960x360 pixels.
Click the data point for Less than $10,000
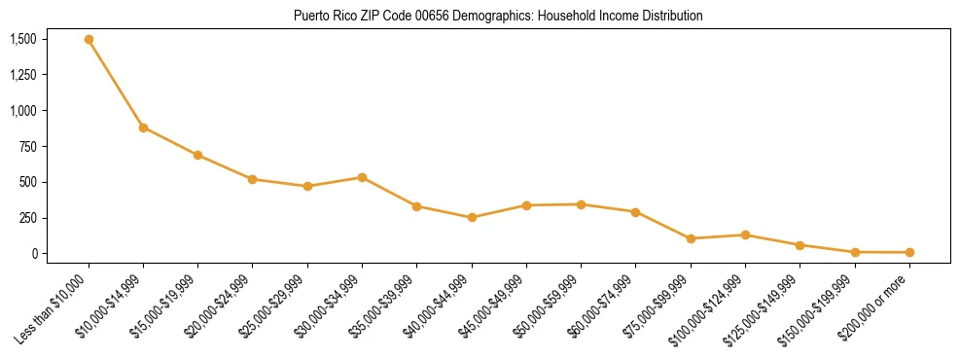(89, 40)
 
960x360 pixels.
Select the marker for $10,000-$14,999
(143, 127)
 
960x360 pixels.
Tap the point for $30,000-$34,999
(362, 177)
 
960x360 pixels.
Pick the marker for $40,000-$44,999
(472, 217)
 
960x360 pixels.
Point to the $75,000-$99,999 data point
(691, 238)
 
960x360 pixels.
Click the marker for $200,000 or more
(909, 252)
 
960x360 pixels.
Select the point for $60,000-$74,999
(635, 211)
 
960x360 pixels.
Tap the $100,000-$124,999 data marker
(745, 234)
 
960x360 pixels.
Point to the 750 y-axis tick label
(28, 146)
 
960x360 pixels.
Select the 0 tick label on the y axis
(33, 253)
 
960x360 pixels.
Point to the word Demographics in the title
(476, 16)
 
